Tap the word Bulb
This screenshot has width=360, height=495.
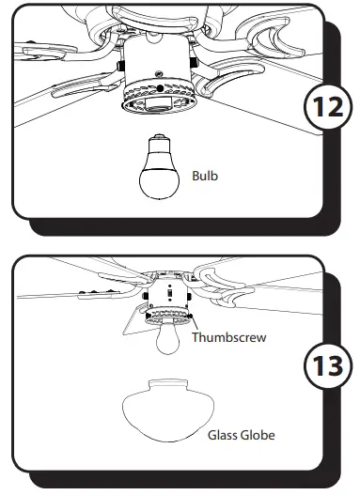[x=205, y=175]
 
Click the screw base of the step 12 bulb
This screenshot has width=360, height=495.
[x=155, y=143]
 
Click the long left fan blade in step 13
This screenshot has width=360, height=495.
[x=75, y=290]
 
